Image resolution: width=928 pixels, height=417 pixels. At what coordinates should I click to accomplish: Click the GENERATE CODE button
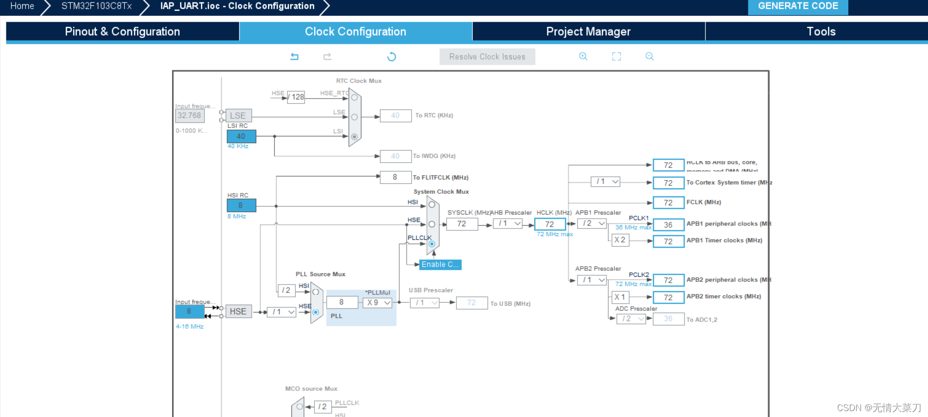tap(797, 6)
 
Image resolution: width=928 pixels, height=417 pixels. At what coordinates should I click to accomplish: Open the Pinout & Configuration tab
tap(122, 32)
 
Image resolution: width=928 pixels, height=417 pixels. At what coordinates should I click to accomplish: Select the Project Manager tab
tap(588, 32)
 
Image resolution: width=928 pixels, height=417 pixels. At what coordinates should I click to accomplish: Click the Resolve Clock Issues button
tap(487, 57)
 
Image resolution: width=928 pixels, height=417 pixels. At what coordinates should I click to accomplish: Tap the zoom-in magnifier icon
tap(583, 57)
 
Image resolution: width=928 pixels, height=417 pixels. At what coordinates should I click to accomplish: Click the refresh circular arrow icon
tap(391, 57)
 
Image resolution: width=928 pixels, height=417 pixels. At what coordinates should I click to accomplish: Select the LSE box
tap(239, 116)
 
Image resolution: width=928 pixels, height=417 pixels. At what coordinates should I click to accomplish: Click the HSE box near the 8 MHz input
tap(239, 311)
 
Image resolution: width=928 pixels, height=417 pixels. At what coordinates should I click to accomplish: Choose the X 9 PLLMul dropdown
tap(378, 303)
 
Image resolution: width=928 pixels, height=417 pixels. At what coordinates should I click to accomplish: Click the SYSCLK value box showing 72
tap(461, 224)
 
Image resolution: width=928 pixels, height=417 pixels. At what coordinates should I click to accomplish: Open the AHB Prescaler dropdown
tap(508, 224)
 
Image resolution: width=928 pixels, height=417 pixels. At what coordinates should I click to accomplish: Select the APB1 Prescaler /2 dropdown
tap(592, 224)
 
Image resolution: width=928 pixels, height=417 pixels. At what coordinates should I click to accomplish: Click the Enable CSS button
tap(440, 264)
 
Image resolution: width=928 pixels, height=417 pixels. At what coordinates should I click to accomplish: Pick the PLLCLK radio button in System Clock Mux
tap(432, 244)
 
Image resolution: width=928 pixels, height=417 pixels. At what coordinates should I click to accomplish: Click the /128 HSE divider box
tap(296, 97)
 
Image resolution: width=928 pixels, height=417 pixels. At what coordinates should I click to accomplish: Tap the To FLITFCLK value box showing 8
tap(395, 177)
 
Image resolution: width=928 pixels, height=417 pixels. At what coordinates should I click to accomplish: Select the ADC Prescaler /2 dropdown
tap(631, 319)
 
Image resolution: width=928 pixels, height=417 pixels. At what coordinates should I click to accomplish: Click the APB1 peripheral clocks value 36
tap(668, 225)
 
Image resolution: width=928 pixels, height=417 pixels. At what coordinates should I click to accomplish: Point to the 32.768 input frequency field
tap(189, 116)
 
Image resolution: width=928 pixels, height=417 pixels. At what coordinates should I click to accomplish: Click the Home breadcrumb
tap(22, 6)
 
